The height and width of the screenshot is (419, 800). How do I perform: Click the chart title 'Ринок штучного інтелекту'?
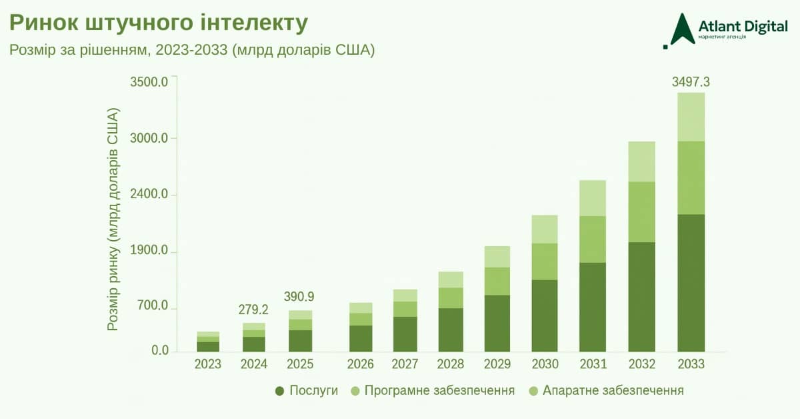click(x=158, y=22)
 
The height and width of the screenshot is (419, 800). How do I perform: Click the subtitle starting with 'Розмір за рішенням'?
click(x=192, y=51)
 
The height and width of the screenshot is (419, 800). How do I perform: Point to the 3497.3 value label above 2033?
click(x=691, y=82)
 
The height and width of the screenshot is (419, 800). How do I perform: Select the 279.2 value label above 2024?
click(x=253, y=310)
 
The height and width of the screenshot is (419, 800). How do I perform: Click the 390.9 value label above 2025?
click(x=299, y=297)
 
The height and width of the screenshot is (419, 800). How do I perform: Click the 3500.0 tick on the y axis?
click(x=149, y=82)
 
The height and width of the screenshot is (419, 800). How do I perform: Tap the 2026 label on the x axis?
click(x=361, y=364)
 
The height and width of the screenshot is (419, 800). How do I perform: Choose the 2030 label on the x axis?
click(x=545, y=364)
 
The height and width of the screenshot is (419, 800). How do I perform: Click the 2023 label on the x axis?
click(x=208, y=364)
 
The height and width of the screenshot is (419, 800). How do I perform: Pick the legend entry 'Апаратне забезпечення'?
click(x=605, y=390)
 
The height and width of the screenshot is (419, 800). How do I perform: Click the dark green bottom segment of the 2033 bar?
click(x=691, y=283)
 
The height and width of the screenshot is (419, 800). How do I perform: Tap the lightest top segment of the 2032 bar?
click(x=641, y=161)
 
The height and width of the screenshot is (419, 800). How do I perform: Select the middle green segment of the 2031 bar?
click(x=592, y=239)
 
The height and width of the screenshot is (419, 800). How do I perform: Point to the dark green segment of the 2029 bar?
click(x=497, y=323)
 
